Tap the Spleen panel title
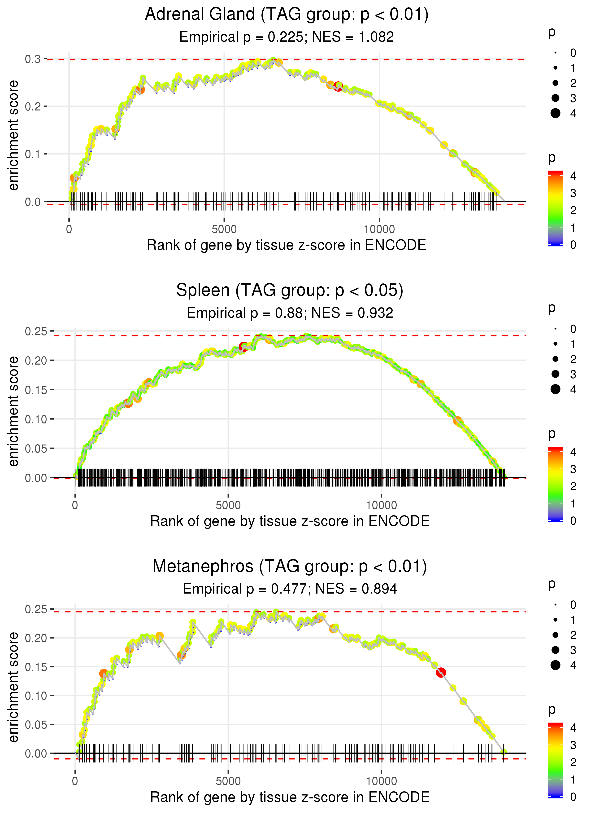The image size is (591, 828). pos(290,291)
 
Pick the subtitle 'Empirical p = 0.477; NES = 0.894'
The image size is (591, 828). pos(290,589)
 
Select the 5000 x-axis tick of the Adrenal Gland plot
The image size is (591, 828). pos(224,229)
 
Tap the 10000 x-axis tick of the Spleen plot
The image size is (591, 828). pos(381,505)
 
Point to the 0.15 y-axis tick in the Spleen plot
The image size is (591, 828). pos(36,390)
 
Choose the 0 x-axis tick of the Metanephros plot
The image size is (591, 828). pos(75,781)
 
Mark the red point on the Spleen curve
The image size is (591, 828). pos(243,347)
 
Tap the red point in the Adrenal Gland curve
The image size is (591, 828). pos(338,87)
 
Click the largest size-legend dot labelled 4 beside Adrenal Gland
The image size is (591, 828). pos(555,113)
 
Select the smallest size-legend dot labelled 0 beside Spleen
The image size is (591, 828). pos(555,329)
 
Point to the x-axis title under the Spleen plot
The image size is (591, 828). pos(290,521)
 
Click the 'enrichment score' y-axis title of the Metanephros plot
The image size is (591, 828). pos(14,687)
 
